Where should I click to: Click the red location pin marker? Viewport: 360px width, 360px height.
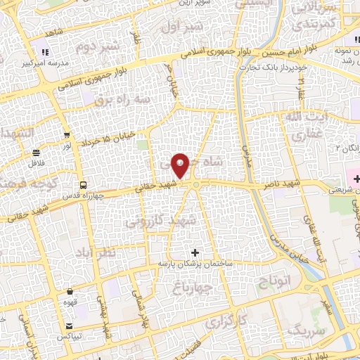coord(181,165)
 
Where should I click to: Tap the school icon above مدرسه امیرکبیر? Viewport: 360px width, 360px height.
coord(45,51)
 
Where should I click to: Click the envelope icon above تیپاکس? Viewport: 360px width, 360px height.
coord(70,326)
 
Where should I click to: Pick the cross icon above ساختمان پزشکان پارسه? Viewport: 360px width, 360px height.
coord(195,252)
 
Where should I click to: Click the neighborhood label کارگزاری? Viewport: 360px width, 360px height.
coord(226,321)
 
